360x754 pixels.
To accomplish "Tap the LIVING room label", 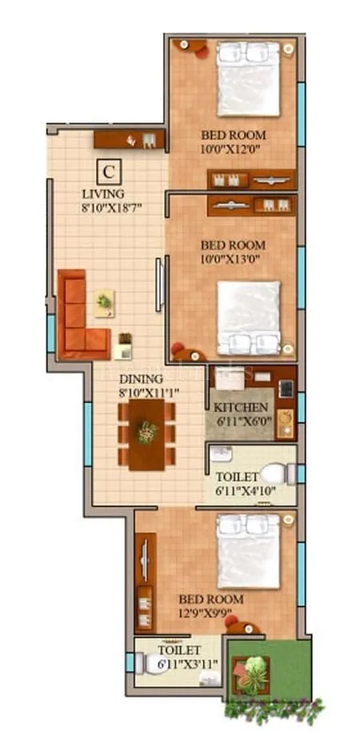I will [103, 194].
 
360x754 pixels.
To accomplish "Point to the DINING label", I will [141, 378].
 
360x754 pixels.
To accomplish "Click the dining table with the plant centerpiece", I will [146, 434].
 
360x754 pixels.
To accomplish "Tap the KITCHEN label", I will [240, 407].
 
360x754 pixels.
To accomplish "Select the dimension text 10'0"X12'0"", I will [232, 149].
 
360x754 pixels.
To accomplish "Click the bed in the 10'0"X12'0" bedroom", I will [248, 78].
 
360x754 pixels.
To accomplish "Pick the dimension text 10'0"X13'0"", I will [232, 258].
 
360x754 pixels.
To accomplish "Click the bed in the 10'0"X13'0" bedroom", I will [248, 317].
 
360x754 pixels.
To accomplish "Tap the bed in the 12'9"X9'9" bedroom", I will [248, 551].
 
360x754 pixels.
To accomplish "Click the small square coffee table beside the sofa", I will [104, 303].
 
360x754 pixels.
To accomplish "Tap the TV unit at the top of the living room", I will [129, 140].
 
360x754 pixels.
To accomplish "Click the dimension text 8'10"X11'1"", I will [149, 392].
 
